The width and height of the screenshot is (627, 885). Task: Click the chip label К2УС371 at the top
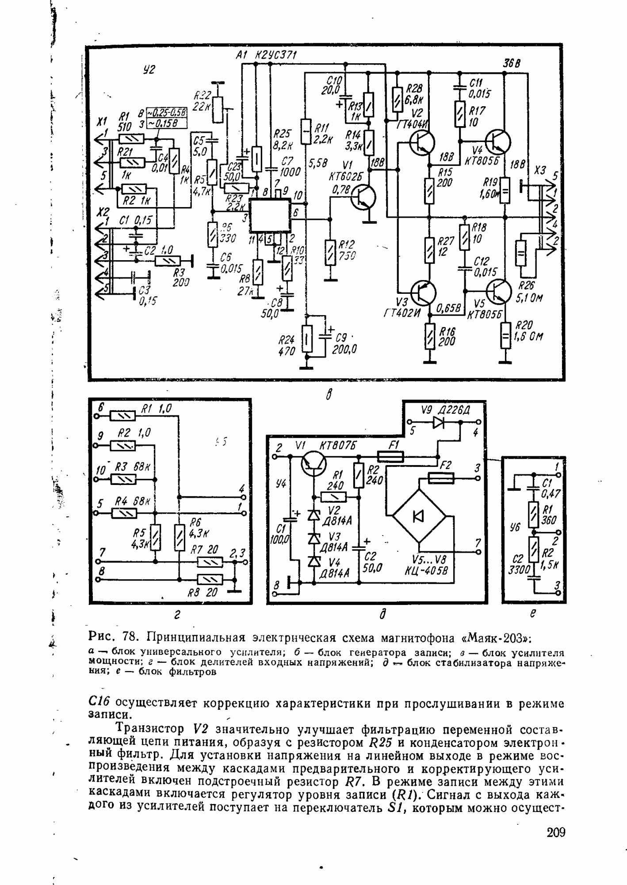(275, 55)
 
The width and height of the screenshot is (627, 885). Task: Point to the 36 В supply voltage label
(511, 64)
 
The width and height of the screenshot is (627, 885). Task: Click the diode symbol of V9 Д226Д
(439, 422)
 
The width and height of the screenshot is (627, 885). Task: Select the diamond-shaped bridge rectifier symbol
(419, 516)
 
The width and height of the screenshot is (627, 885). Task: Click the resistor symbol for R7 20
(209, 562)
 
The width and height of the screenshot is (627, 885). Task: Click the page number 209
(555, 832)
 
